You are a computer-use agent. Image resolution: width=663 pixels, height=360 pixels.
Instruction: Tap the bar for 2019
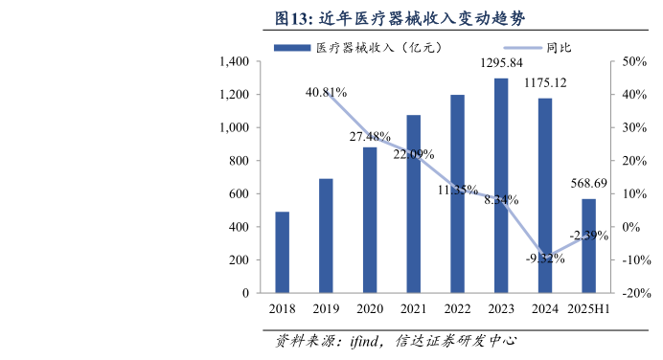(326, 236)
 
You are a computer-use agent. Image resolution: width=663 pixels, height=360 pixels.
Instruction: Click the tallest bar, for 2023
(501, 186)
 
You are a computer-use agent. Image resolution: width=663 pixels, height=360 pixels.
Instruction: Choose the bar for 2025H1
(588, 245)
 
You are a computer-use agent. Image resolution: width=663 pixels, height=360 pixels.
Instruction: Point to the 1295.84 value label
(501, 63)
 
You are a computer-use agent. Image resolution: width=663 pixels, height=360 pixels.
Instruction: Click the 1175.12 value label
(545, 82)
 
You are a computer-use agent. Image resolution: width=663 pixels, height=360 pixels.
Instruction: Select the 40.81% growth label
(326, 93)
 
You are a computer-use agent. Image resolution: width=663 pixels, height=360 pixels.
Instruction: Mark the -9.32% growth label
(544, 258)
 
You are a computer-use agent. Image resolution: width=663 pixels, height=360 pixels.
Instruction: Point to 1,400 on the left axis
(234, 61)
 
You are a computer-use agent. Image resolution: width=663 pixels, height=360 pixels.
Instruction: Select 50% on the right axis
(636, 61)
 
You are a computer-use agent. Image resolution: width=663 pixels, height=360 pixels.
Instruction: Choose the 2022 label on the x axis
(457, 309)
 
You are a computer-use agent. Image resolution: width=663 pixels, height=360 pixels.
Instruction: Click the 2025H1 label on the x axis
(588, 309)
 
